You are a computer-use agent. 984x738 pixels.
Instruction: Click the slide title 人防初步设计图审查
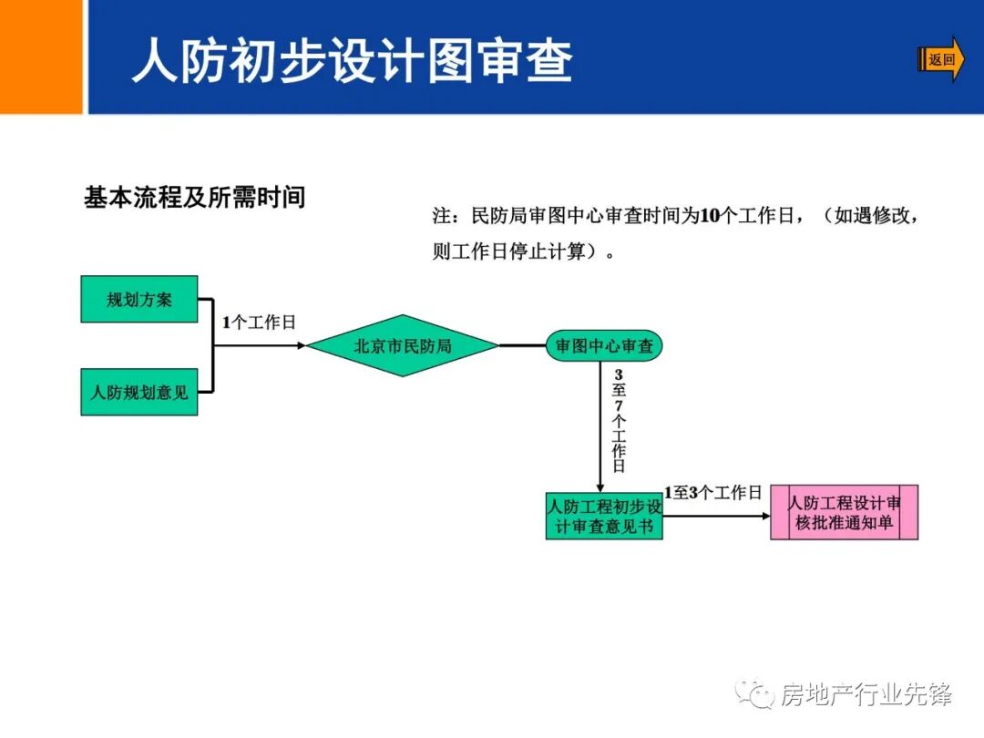[x=353, y=62]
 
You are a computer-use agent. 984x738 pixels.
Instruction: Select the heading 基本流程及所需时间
[x=194, y=198]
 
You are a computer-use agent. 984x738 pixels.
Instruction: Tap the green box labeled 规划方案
[x=139, y=299]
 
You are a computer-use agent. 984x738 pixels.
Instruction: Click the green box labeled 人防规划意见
[x=139, y=393]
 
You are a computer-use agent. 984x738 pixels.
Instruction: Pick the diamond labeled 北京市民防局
[x=403, y=346]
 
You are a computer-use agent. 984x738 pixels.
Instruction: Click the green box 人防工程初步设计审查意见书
[x=604, y=516]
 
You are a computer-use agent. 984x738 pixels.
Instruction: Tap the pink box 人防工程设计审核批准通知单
[x=844, y=513]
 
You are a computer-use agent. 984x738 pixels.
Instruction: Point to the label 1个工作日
[x=260, y=323]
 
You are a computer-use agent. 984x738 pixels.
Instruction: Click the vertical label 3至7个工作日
[x=619, y=421]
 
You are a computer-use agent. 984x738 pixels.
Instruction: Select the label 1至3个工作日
[x=712, y=493]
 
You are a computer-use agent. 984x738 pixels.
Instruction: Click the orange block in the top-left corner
[x=41, y=56]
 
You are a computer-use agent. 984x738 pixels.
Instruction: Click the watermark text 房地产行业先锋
[x=866, y=695]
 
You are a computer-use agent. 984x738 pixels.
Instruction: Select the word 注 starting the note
[x=442, y=217]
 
